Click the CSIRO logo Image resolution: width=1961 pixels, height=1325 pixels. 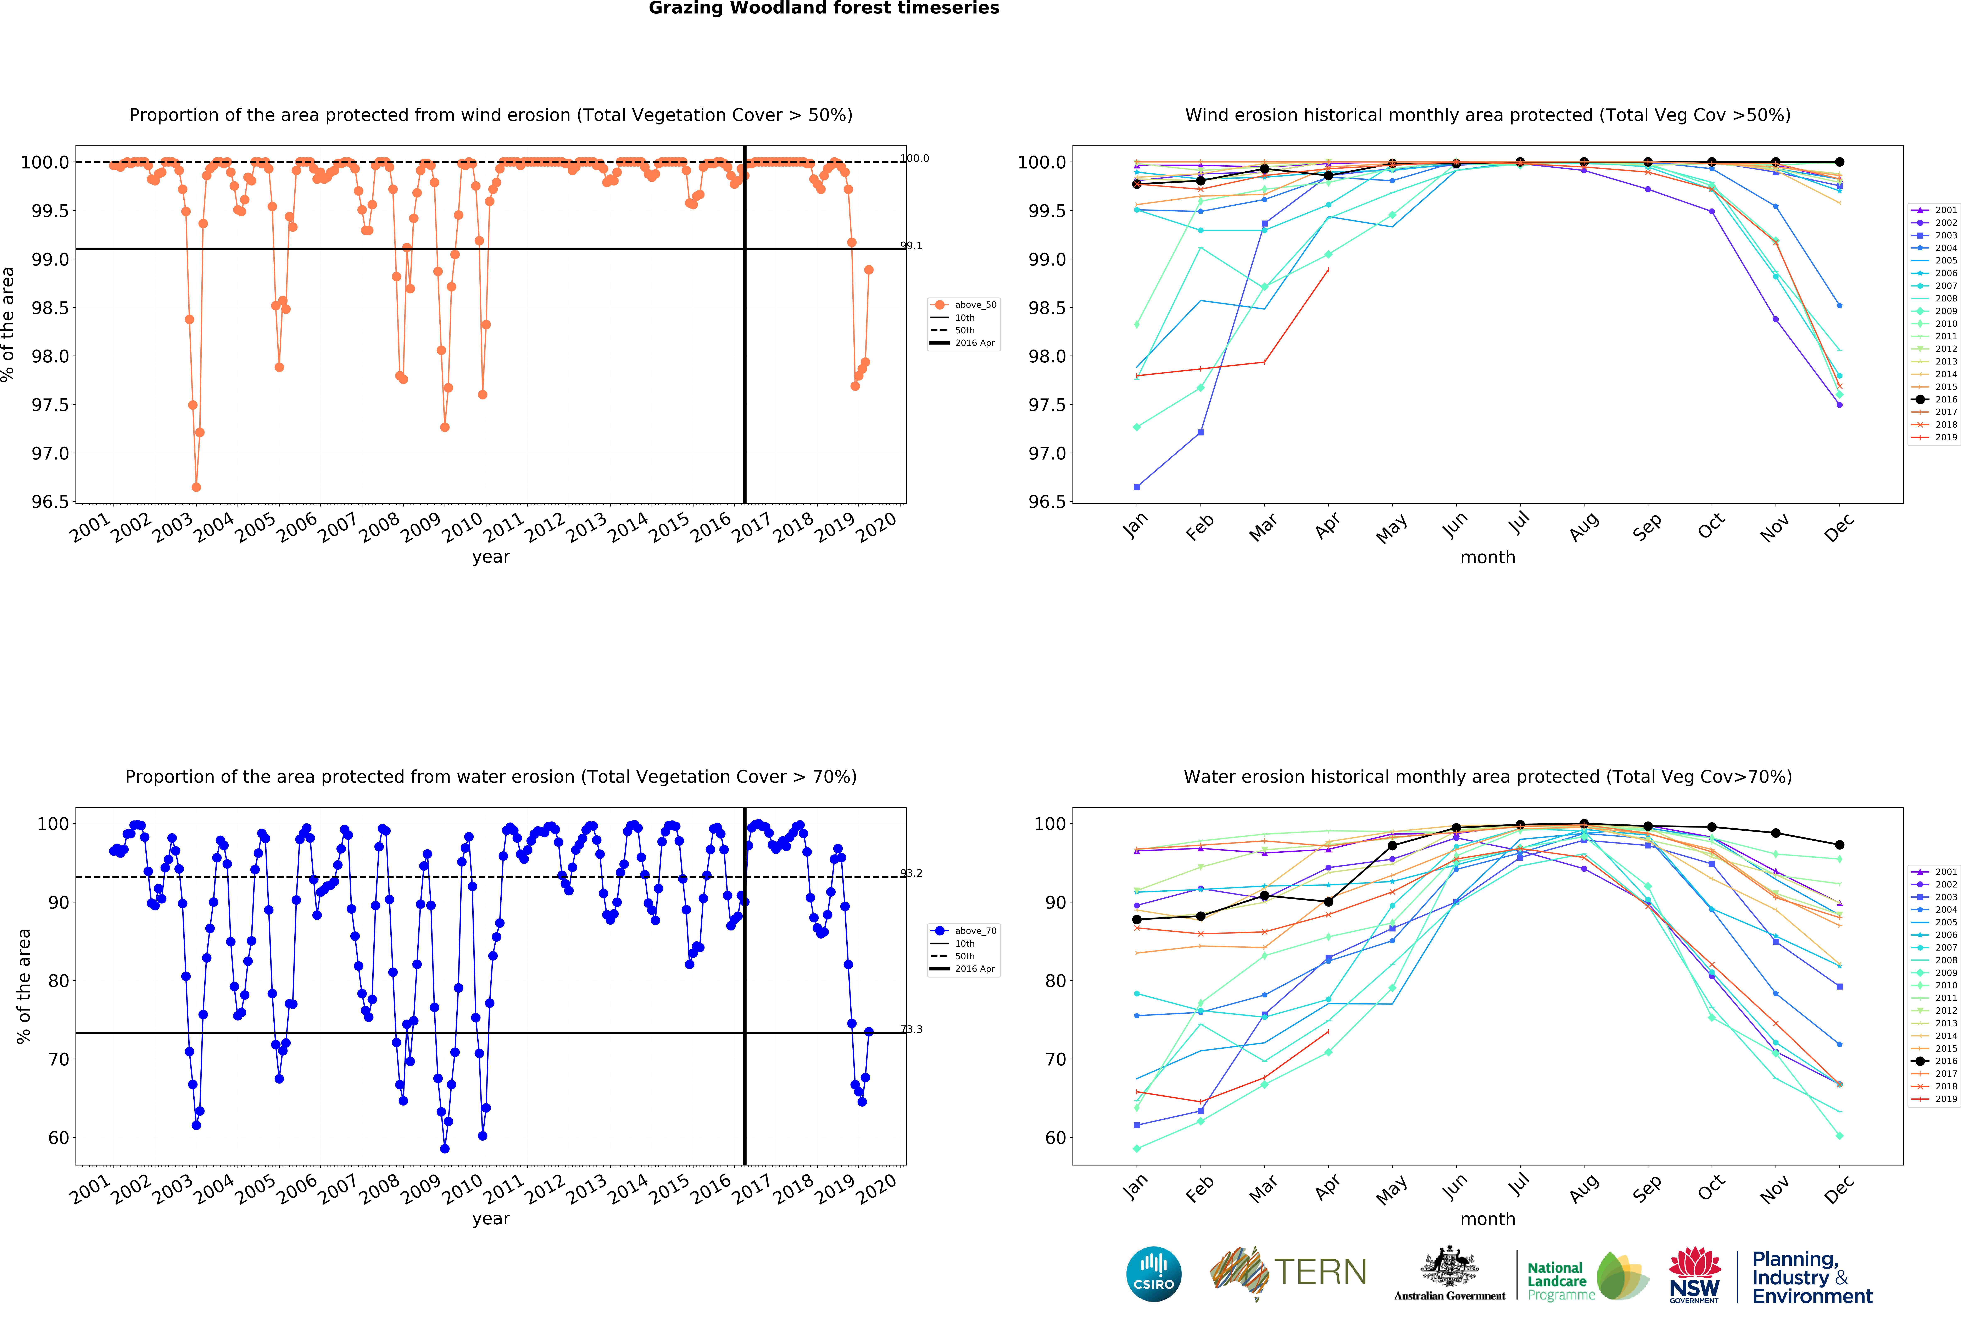tap(1153, 1274)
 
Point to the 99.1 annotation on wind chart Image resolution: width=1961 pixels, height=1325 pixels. tap(911, 246)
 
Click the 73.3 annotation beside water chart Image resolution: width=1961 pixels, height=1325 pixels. tap(911, 1030)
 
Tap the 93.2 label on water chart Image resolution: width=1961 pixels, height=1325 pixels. tap(911, 874)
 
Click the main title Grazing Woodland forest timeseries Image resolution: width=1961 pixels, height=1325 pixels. tap(824, 9)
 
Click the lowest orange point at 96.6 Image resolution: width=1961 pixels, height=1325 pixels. tap(197, 487)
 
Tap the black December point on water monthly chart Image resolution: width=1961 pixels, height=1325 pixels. tap(1839, 845)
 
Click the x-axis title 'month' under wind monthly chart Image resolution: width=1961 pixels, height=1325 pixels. tap(1488, 557)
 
